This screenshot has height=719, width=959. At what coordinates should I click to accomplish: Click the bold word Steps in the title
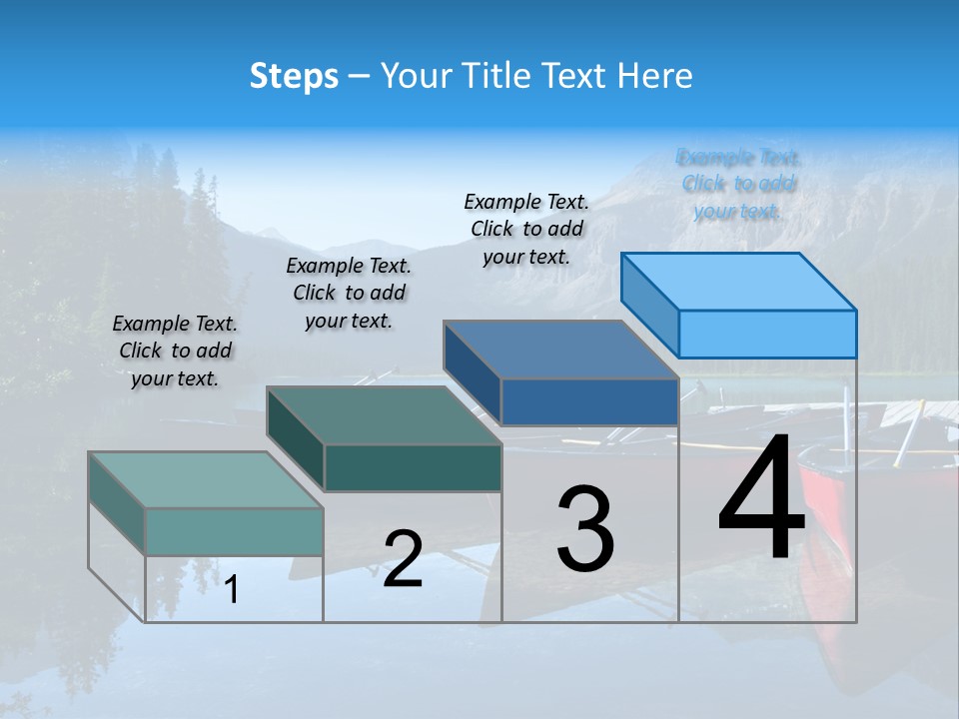point(294,76)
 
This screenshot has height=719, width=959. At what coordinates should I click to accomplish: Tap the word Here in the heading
point(655,76)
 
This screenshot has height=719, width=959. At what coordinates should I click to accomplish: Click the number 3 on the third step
point(585,529)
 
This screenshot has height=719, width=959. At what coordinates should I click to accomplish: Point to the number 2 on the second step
point(403,559)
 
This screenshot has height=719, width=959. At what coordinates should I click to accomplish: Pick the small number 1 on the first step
point(232,589)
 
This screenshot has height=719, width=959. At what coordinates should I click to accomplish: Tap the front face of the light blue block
point(767,334)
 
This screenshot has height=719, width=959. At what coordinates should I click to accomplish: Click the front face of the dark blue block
point(589,401)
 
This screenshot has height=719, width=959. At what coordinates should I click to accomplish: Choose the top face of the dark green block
point(384,415)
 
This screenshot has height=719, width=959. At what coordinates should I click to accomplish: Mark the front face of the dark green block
point(413,467)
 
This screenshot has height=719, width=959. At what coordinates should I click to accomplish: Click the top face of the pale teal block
point(206,480)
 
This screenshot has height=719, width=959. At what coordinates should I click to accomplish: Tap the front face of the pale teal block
point(234,531)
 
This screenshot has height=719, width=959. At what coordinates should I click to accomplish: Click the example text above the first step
point(175,352)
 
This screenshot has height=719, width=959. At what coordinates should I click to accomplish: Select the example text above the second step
point(349,294)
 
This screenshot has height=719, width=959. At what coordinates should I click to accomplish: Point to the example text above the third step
point(526,229)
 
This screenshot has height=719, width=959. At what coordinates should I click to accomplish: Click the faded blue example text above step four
point(738,184)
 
